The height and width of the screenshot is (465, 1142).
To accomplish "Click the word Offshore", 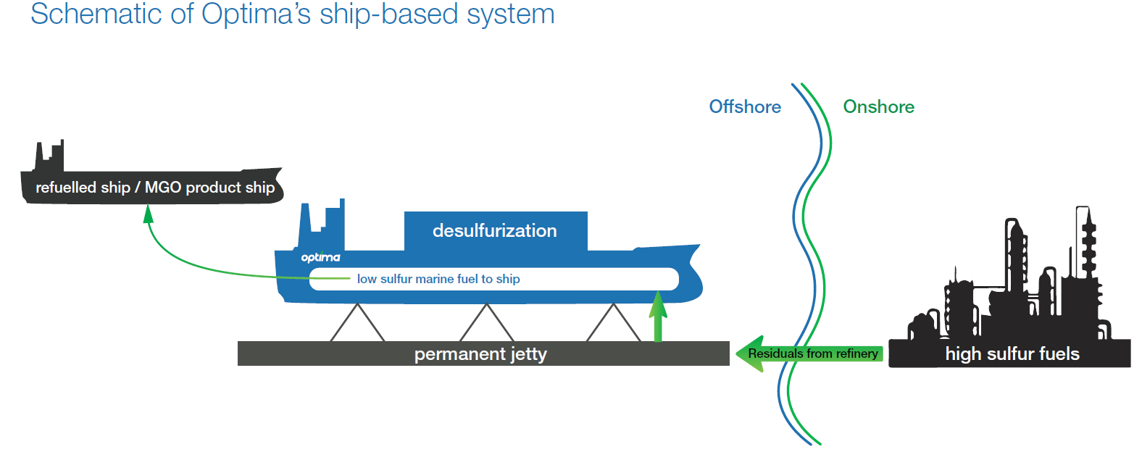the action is pyautogui.click(x=745, y=106).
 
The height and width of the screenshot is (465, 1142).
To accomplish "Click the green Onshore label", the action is pyautogui.click(x=878, y=106).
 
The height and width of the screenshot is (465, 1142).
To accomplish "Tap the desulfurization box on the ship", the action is pyautogui.click(x=496, y=231).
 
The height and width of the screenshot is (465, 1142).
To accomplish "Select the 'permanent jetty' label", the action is pyautogui.click(x=480, y=353).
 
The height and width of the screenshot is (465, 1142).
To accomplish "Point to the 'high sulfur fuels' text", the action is pyautogui.click(x=1012, y=354).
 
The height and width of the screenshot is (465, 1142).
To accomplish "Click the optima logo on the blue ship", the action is pyautogui.click(x=320, y=257).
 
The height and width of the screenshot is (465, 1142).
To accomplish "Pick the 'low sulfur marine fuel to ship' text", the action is pyautogui.click(x=438, y=279).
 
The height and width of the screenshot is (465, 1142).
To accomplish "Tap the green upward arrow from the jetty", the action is pyautogui.click(x=658, y=316).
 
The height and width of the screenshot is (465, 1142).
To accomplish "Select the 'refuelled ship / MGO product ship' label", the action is pyautogui.click(x=155, y=187).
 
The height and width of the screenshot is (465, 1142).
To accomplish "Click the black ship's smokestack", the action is pyautogui.click(x=49, y=156).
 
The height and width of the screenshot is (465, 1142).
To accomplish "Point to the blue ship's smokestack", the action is pyautogui.click(x=322, y=225).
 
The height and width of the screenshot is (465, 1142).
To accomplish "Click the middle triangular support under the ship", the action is pyautogui.click(x=487, y=322).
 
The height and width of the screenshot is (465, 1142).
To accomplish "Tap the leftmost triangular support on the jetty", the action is pyautogui.click(x=357, y=322).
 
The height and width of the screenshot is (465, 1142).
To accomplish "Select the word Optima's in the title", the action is pyautogui.click(x=256, y=14).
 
